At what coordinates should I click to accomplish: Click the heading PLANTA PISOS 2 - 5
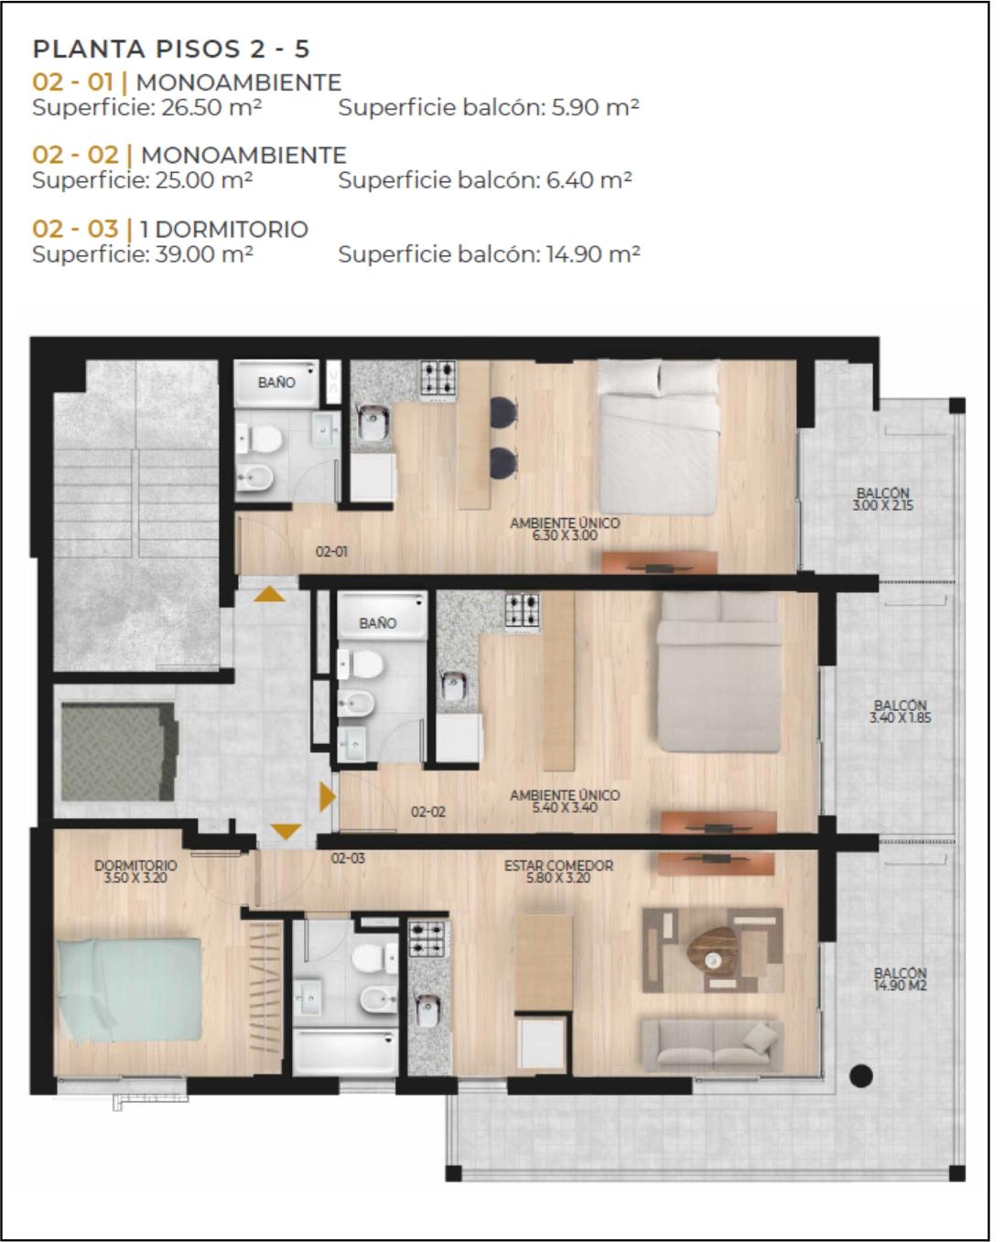[170, 49]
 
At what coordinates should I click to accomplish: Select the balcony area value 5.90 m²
[595, 107]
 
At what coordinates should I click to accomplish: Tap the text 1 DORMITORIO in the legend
[224, 229]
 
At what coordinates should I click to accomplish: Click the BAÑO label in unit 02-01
[276, 383]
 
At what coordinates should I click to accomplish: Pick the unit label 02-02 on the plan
[428, 812]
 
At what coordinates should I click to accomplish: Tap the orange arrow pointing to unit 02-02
[327, 796]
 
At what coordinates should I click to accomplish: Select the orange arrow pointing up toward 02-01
[269, 594]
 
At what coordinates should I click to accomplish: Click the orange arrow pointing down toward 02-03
[286, 831]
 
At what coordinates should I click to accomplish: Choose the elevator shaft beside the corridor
[119, 752]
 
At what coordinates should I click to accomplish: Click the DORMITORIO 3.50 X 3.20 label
[135, 871]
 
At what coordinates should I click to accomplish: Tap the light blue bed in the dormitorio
[129, 990]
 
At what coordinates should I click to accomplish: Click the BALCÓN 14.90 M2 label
[900, 979]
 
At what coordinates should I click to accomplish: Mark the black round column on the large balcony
[860, 1075]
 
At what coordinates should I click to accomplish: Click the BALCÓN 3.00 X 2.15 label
[882, 500]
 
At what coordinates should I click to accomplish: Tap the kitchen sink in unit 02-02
[453, 686]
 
